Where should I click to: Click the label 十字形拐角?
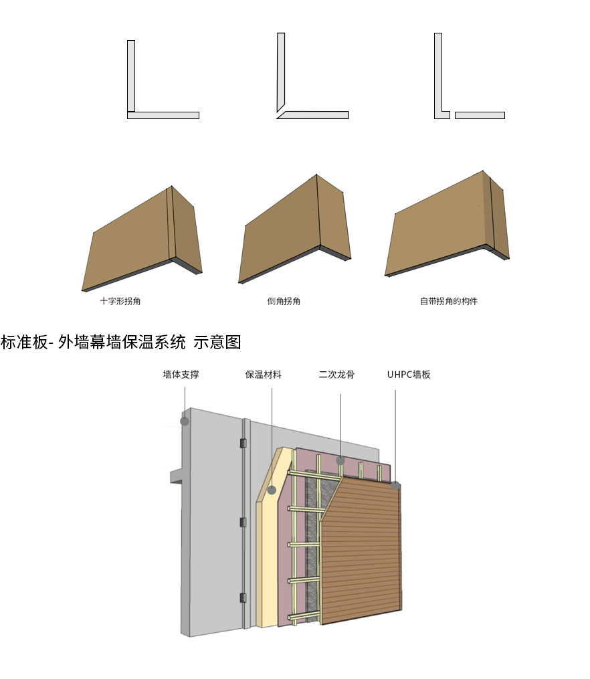pyautogui.click(x=120, y=301)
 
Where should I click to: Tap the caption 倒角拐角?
pyautogui.click(x=284, y=301)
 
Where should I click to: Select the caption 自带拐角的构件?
pyautogui.click(x=448, y=301)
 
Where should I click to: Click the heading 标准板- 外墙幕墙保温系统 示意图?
pyautogui.click(x=120, y=343)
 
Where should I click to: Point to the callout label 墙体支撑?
pyautogui.click(x=181, y=375)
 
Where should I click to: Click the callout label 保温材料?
pyautogui.click(x=263, y=375)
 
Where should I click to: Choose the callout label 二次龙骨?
pyautogui.click(x=336, y=375)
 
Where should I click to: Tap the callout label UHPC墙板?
pyautogui.click(x=409, y=375)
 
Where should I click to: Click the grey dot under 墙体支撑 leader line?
pyautogui.click(x=185, y=421)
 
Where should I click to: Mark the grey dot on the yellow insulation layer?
pyautogui.click(x=272, y=490)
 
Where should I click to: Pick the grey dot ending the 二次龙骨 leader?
pyautogui.click(x=340, y=460)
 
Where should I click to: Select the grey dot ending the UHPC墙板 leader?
pyautogui.click(x=395, y=486)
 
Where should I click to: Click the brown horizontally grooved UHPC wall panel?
pyautogui.click(x=361, y=555)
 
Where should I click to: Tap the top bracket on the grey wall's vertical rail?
pyautogui.click(x=243, y=443)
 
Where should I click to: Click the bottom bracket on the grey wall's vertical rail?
pyautogui.click(x=243, y=597)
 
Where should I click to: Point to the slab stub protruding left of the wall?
pyautogui.click(x=176, y=476)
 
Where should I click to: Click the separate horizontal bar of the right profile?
pyautogui.click(x=480, y=115)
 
